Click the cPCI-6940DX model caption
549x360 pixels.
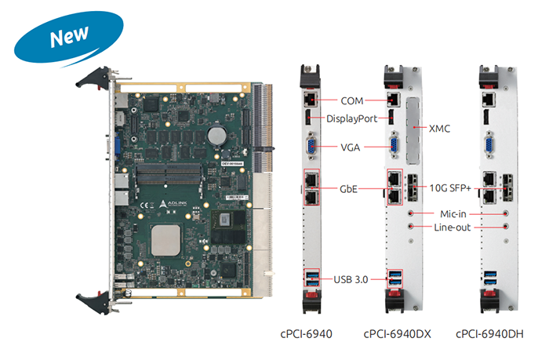(398, 334)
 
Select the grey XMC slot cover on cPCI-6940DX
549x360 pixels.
(415, 125)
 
